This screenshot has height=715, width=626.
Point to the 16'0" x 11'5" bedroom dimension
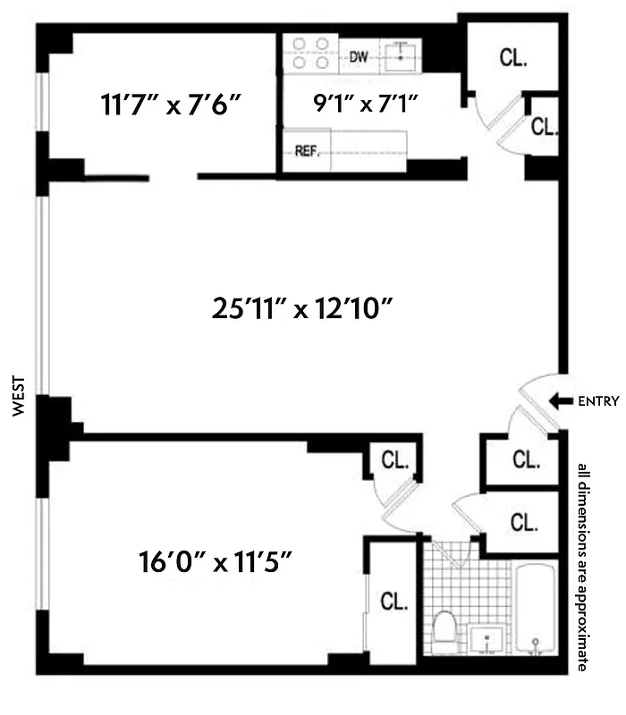tap(216, 564)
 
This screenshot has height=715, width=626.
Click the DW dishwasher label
tap(359, 57)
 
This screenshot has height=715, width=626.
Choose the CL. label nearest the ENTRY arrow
tap(527, 459)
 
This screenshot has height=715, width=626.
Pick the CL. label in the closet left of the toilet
tap(393, 601)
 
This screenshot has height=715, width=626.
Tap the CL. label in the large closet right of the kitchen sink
tap(513, 59)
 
